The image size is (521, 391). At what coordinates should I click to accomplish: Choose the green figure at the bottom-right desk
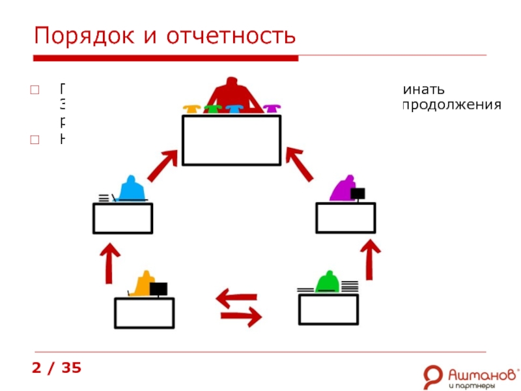tap(327, 282)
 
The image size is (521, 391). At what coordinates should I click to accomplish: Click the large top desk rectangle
tap(231, 140)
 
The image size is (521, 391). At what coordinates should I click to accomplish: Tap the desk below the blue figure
tap(122, 218)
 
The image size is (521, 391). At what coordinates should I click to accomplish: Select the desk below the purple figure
tap(346, 218)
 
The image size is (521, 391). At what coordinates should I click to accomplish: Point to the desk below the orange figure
tap(144, 313)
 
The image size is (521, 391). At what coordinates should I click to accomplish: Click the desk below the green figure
tap(328, 310)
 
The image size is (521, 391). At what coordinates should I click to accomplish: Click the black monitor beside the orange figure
tap(158, 289)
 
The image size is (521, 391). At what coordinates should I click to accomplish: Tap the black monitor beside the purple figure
tap(358, 194)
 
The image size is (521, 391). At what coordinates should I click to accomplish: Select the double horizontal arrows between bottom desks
tap(238, 308)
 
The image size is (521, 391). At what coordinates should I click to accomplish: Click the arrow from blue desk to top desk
tap(162, 166)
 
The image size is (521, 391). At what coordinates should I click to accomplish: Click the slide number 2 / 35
tap(57, 368)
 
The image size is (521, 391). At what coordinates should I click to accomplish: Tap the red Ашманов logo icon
tap(432, 377)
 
